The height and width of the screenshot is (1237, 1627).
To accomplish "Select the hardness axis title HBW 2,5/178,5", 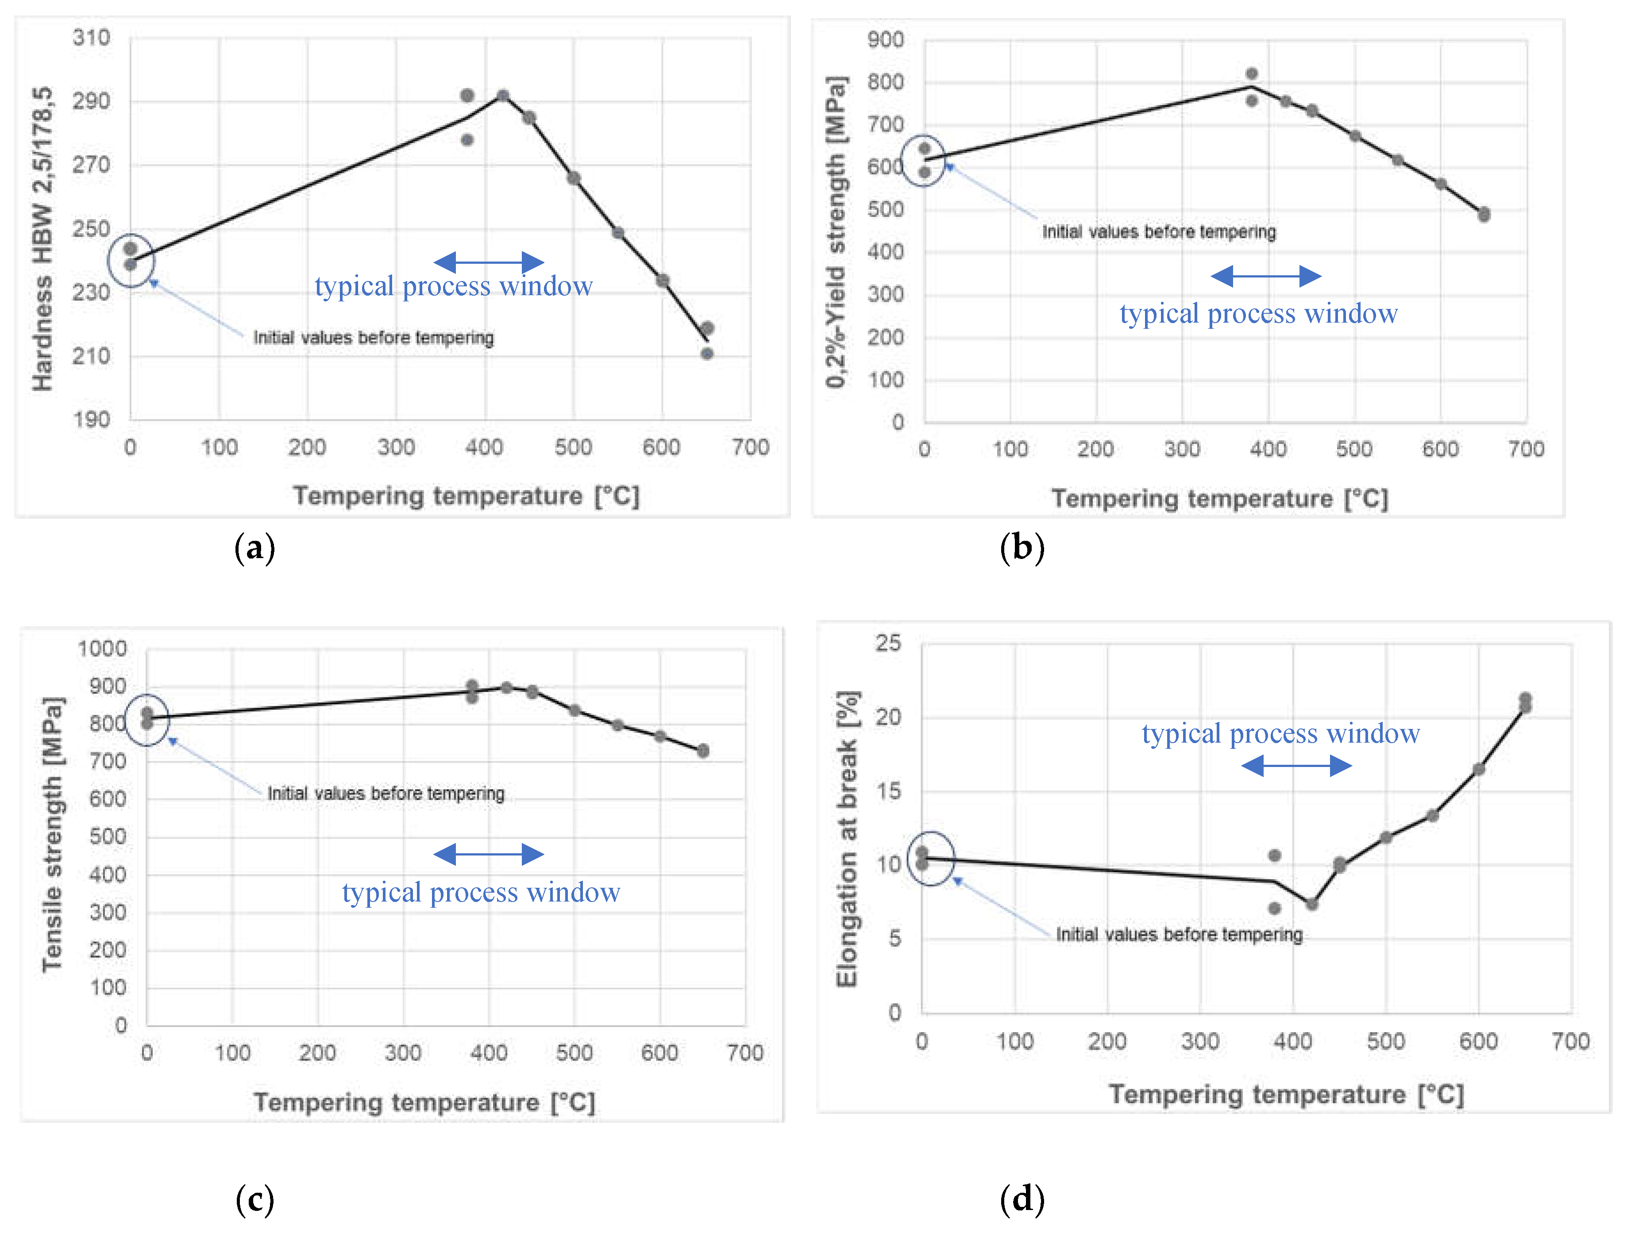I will pos(42,239).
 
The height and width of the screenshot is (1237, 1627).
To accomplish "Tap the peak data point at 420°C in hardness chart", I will pos(503,96).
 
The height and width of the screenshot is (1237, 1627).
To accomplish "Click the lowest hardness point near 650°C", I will pos(707,354).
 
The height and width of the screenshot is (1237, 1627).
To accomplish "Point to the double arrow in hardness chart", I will pos(489,262).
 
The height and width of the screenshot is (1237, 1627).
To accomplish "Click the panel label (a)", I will pos(255,548).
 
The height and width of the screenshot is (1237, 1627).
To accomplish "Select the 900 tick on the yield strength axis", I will pos(886,40).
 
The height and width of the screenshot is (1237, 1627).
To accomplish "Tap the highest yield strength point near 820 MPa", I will pos(1252,73).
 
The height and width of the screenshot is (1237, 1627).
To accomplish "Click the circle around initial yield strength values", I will pos(923,161).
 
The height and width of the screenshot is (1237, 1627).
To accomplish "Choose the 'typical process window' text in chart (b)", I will pos(1258,314).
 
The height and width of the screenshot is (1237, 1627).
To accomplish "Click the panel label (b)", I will pos(1022,548).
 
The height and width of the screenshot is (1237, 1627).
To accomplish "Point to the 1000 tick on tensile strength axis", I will pos(102,649).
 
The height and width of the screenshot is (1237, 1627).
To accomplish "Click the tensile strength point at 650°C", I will pos(703,750).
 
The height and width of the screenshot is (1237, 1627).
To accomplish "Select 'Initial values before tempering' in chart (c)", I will pos(386,793).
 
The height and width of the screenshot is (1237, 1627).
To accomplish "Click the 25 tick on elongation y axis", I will pos(888,644).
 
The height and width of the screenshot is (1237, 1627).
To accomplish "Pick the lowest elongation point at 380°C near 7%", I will pos(1274,908).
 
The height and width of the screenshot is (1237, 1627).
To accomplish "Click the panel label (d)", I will pos(1022,1200).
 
